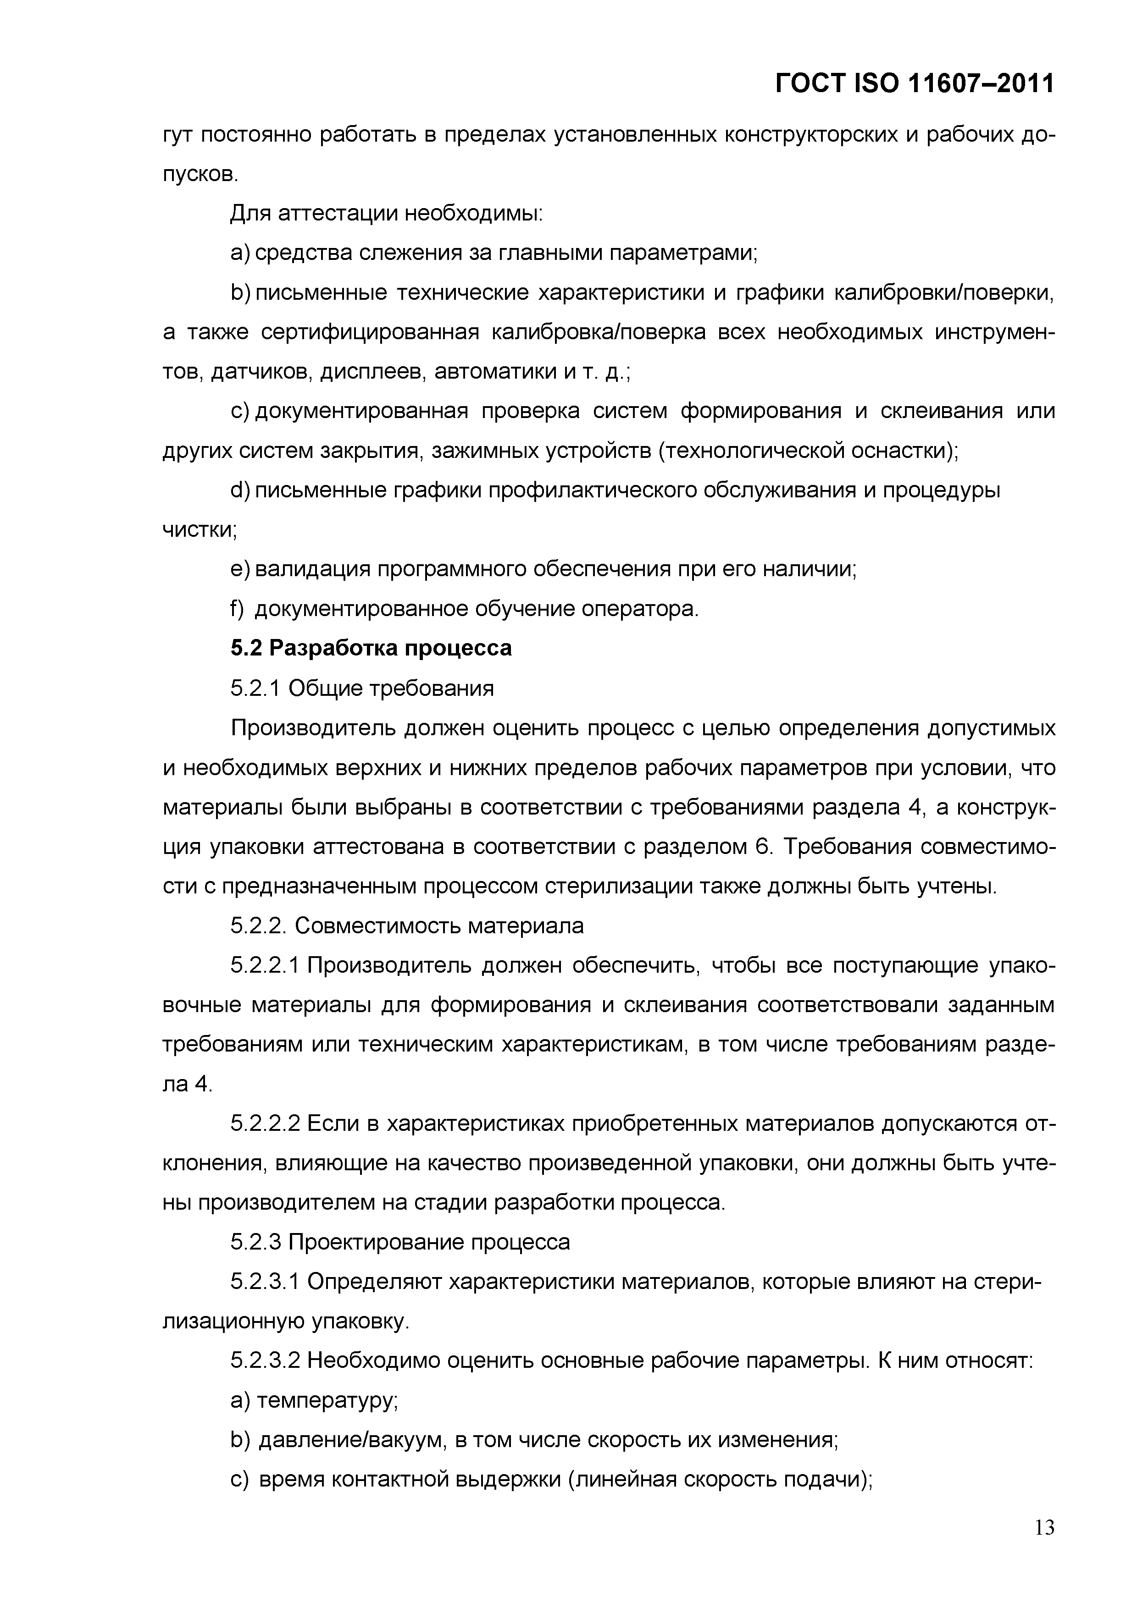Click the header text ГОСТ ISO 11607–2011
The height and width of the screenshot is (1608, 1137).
pyautogui.click(x=914, y=84)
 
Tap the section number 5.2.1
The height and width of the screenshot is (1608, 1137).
pyautogui.click(x=256, y=688)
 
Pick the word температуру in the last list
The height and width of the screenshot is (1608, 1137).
pyautogui.click(x=327, y=1401)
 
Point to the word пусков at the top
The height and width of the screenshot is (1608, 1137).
pyautogui.click(x=200, y=174)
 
